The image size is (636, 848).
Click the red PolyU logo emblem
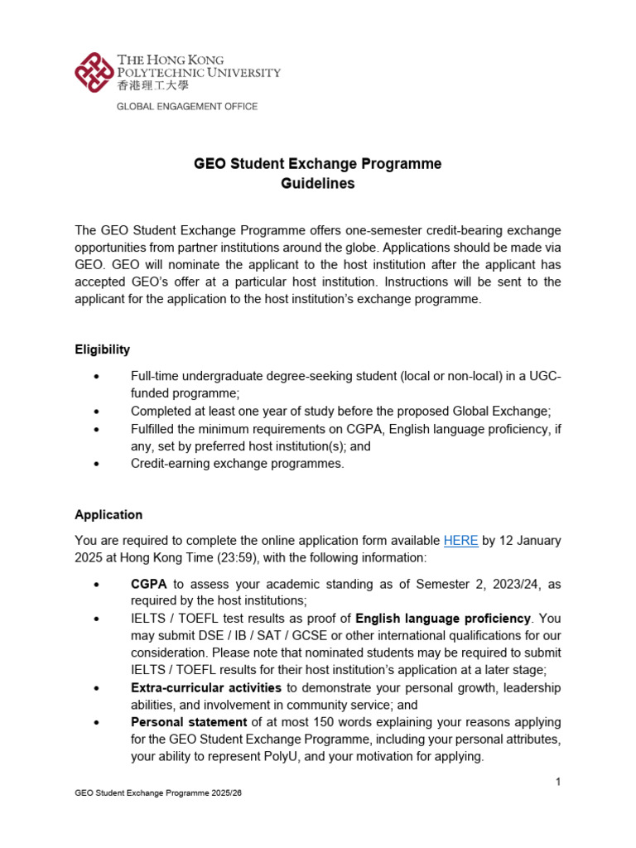(94, 72)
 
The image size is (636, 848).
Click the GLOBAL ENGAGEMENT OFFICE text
(186, 107)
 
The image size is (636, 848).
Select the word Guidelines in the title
(317, 184)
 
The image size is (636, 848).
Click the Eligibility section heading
(102, 350)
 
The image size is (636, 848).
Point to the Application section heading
(108, 515)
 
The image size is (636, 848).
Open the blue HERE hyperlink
(460, 541)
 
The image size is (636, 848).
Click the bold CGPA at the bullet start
(149, 585)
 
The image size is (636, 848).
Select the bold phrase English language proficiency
(443, 619)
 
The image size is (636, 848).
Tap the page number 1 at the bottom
(559, 782)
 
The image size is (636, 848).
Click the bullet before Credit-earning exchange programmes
(98, 464)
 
